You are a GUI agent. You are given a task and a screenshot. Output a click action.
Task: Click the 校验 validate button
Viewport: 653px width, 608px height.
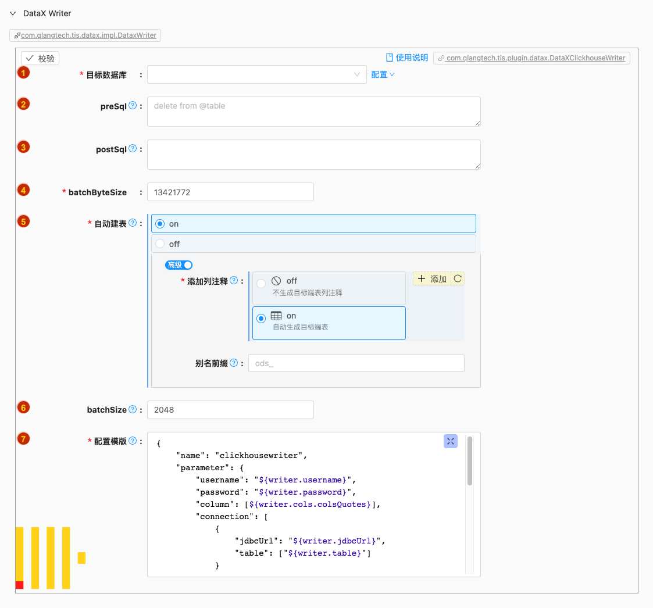click(x=40, y=58)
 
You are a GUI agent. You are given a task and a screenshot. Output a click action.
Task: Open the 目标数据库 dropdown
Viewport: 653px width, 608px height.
click(x=256, y=74)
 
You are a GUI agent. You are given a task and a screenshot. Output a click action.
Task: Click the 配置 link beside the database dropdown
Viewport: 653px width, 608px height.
click(x=382, y=74)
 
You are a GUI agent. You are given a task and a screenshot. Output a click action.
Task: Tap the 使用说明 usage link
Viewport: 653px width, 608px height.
click(x=407, y=58)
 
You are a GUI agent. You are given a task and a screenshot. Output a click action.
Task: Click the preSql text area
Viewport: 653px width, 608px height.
click(x=313, y=112)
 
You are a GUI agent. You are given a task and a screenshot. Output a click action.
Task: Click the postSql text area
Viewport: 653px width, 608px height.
click(x=313, y=155)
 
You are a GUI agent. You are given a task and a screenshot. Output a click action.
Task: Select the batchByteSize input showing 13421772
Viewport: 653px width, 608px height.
click(x=230, y=192)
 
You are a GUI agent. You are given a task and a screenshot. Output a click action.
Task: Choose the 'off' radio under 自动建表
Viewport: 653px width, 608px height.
click(x=160, y=244)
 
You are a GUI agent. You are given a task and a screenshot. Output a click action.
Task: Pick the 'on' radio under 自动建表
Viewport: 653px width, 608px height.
click(x=160, y=224)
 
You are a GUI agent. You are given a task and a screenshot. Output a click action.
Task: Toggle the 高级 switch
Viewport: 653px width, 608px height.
click(x=179, y=265)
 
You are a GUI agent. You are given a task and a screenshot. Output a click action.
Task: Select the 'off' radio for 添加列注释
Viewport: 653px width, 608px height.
click(x=261, y=284)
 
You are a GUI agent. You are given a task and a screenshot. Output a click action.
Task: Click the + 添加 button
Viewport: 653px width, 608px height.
click(x=432, y=278)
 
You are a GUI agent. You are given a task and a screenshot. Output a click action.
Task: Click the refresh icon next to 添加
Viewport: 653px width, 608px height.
click(x=458, y=278)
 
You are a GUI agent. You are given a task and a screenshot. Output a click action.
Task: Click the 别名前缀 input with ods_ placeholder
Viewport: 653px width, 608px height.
click(x=356, y=363)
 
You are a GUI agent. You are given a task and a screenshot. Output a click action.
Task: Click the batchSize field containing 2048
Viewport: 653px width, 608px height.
click(x=230, y=410)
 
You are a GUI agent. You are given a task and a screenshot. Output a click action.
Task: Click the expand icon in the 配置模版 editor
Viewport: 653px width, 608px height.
click(x=451, y=441)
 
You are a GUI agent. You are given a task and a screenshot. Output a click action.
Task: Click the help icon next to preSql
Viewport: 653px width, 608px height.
click(x=133, y=105)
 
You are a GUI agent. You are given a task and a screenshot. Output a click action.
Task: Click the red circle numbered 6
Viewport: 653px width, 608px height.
click(x=23, y=407)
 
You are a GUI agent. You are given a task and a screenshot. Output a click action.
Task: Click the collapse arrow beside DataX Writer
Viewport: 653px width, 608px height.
click(x=13, y=13)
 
